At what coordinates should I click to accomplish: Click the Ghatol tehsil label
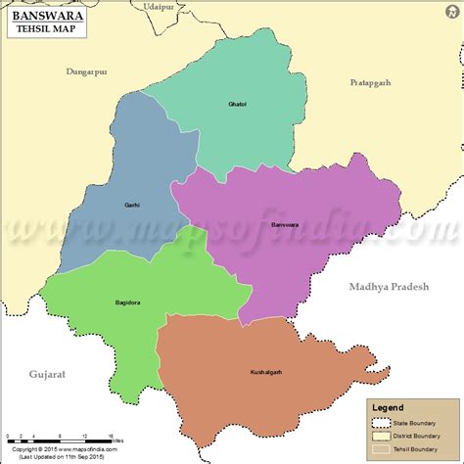click(x=238, y=104)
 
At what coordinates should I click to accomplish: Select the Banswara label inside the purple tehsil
click(x=283, y=224)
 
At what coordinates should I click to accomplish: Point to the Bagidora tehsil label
click(x=127, y=302)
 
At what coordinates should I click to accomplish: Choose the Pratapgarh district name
click(x=370, y=83)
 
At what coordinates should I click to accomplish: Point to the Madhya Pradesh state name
click(x=389, y=286)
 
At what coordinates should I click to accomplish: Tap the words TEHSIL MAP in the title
click(x=48, y=30)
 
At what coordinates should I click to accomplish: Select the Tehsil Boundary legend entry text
click(x=420, y=450)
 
